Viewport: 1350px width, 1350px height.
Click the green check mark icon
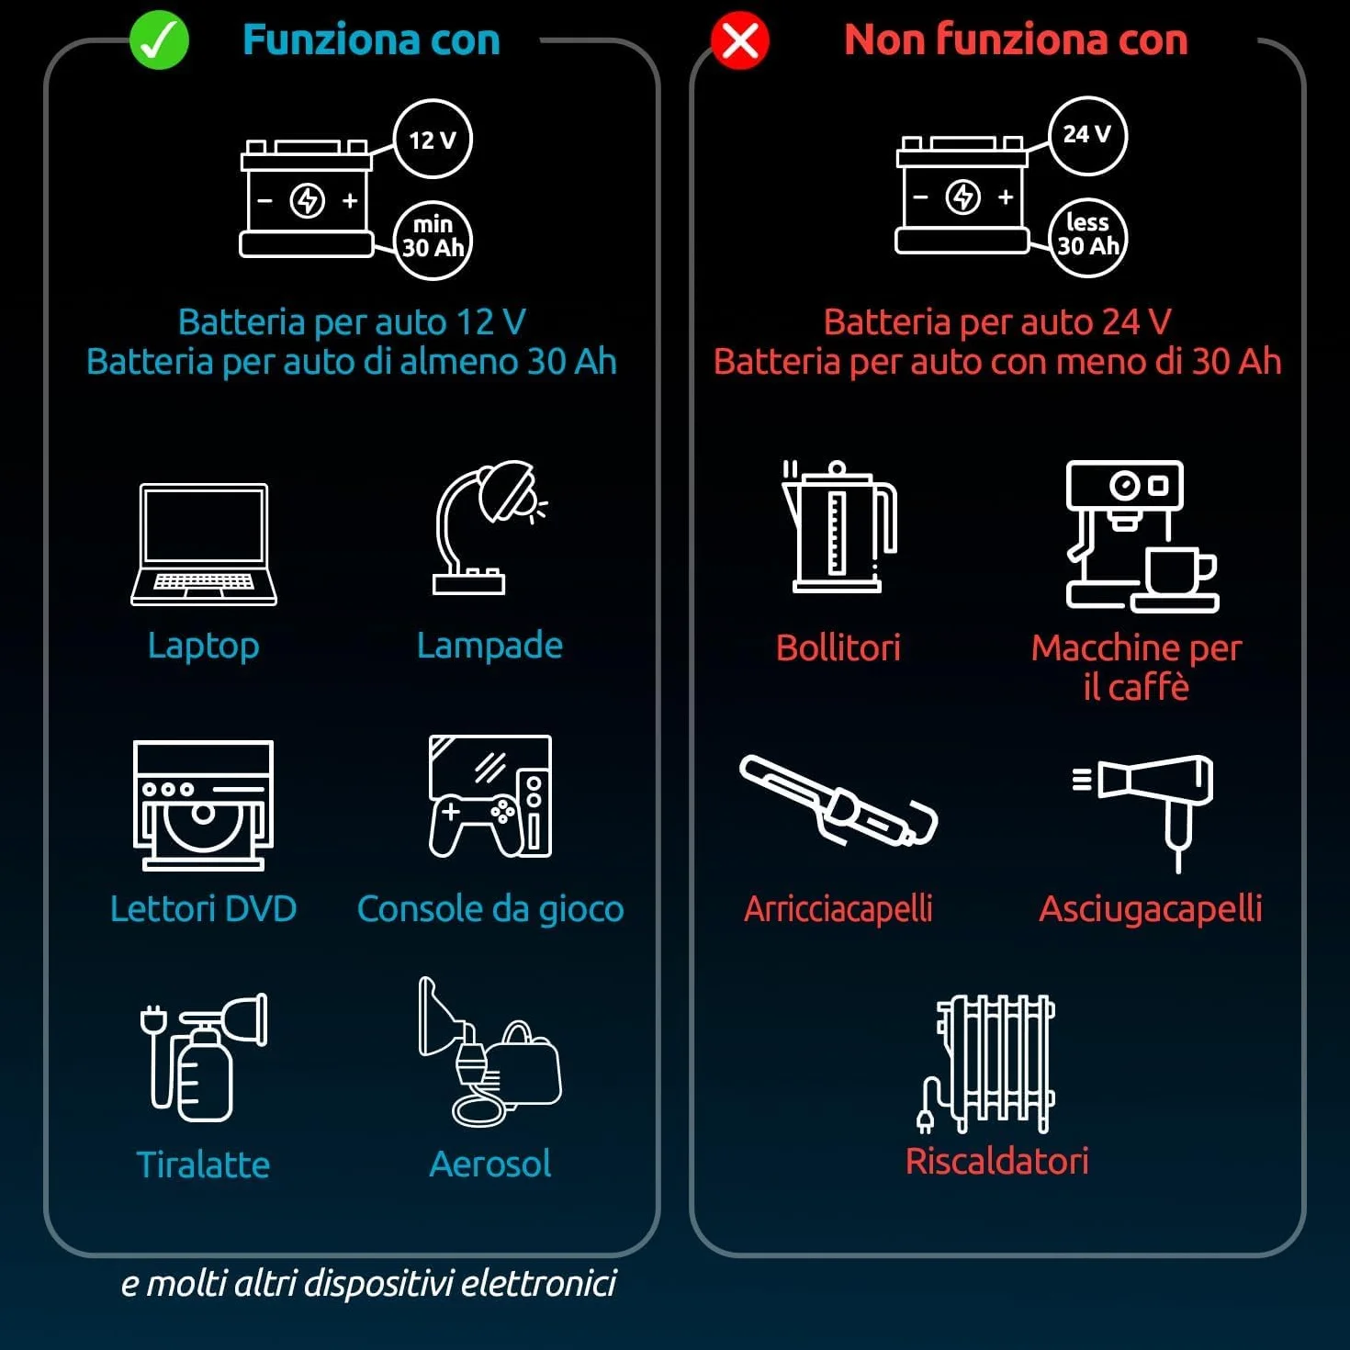159,39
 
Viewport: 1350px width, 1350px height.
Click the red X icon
740,39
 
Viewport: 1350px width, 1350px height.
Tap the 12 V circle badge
433,140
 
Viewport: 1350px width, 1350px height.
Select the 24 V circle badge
1087,135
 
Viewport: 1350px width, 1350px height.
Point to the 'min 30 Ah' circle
433,241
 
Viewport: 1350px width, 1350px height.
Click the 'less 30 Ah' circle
1087,238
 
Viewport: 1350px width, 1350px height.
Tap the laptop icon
203,545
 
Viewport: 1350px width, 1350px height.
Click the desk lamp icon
489,527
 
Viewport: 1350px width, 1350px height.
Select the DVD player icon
203,805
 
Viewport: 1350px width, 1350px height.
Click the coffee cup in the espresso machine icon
1180,571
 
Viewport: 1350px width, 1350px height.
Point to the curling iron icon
838,801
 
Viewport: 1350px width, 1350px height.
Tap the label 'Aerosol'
489,1164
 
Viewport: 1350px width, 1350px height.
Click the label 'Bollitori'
838,647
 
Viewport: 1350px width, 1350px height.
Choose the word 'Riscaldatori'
997,1161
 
